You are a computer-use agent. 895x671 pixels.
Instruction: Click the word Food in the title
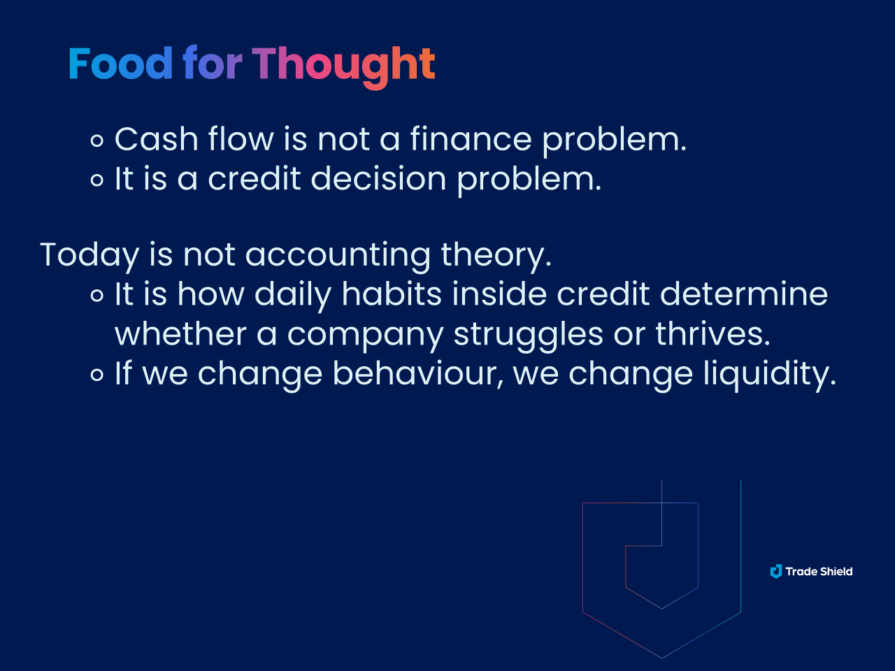coord(121,63)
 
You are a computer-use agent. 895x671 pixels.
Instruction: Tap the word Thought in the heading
coord(344,67)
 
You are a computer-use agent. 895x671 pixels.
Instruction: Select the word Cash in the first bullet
coord(156,139)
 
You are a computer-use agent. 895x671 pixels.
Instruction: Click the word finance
coord(471,139)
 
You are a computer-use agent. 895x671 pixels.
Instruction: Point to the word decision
coord(378,178)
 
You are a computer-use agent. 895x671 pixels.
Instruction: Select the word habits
coord(392,294)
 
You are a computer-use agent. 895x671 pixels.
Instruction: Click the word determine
coord(744,294)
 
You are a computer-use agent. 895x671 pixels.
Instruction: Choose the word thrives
coord(713,333)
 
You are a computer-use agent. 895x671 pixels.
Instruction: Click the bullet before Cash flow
coord(97,141)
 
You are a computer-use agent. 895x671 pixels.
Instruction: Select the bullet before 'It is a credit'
coord(97,180)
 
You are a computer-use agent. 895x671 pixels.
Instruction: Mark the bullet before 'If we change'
coord(97,375)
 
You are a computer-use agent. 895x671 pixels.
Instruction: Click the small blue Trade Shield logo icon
coord(776,571)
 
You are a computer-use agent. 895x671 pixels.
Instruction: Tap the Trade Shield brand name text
coord(819,572)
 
